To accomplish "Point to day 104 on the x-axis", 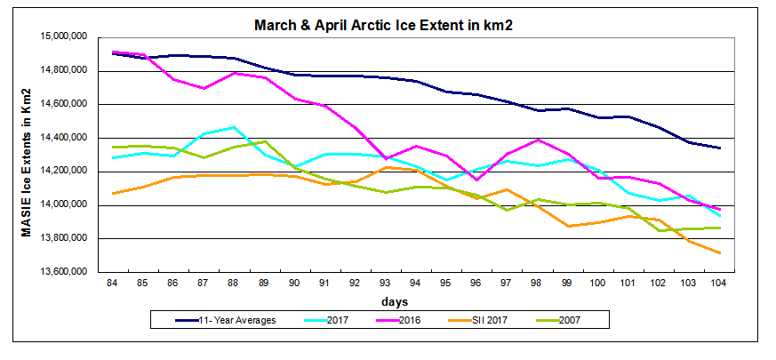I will pyautogui.click(x=717, y=282).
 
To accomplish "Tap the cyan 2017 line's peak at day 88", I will pyautogui.click(x=234, y=127).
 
